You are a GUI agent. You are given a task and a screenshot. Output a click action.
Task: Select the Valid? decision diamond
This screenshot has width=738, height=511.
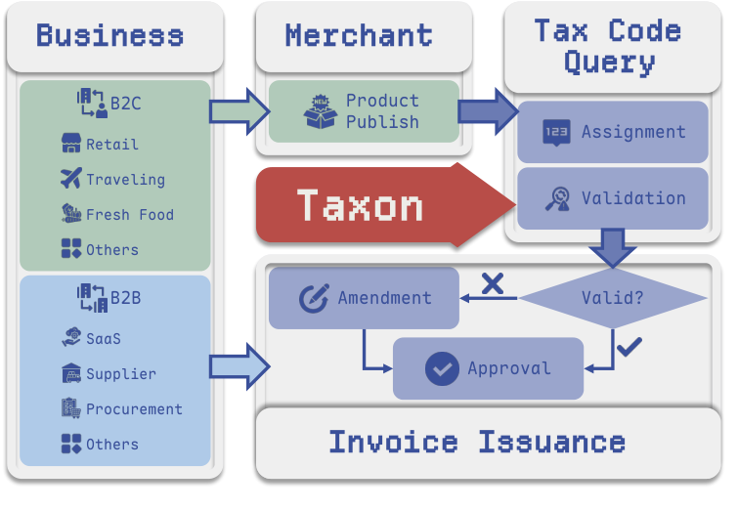click(x=613, y=298)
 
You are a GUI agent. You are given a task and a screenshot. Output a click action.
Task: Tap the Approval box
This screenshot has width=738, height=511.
click(x=488, y=368)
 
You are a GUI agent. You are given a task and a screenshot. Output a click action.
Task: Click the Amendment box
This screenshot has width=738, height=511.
click(x=364, y=298)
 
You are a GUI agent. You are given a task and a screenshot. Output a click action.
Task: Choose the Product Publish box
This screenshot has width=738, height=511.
click(x=364, y=111)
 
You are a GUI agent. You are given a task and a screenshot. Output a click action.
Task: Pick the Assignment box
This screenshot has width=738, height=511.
click(x=613, y=132)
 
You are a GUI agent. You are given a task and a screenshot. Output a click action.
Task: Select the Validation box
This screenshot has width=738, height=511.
click(x=613, y=198)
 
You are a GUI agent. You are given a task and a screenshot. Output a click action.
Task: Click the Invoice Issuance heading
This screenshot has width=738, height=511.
click(x=476, y=442)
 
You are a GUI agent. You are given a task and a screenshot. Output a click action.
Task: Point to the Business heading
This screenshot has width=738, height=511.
click(x=109, y=36)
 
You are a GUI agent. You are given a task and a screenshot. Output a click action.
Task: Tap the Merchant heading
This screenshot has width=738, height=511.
click(x=359, y=36)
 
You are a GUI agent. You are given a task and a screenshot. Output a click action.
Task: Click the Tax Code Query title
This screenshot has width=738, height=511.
click(x=607, y=46)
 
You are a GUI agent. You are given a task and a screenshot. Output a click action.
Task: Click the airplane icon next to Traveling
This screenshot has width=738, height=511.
click(x=70, y=179)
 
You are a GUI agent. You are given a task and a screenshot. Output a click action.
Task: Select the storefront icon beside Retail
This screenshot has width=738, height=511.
click(x=70, y=144)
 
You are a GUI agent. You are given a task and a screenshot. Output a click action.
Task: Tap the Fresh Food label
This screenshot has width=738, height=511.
click(x=129, y=215)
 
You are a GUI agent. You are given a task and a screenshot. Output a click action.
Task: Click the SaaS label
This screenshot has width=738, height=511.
click(x=104, y=339)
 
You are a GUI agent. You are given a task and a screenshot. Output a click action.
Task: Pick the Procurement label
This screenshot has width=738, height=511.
click(x=134, y=409)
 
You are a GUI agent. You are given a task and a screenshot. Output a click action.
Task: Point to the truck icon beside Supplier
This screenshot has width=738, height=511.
click(x=70, y=373)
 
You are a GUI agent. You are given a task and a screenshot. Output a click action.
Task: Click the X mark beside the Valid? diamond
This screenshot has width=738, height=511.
click(x=493, y=284)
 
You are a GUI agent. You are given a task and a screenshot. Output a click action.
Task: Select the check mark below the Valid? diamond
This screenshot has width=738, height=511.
click(x=630, y=345)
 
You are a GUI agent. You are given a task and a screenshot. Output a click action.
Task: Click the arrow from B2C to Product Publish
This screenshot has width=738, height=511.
click(x=239, y=108)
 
